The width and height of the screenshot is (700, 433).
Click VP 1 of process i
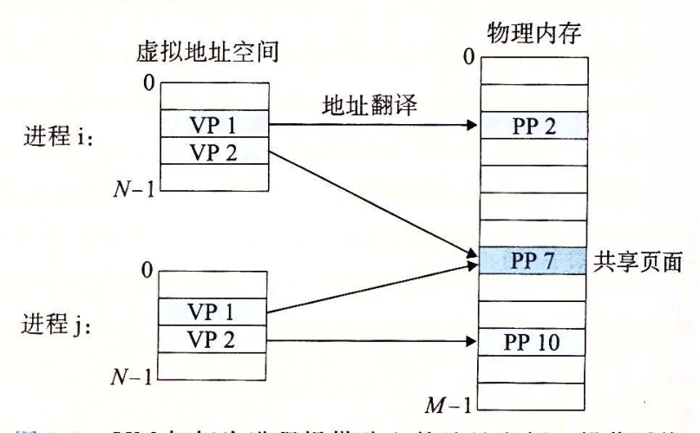214,125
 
